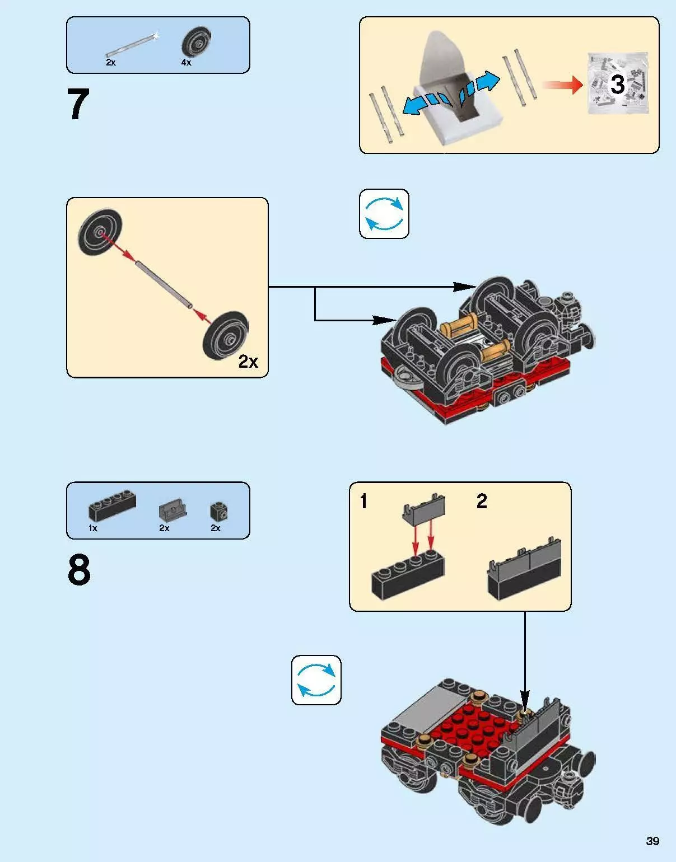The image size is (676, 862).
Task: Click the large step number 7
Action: [x=78, y=105]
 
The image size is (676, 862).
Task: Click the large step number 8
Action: [x=79, y=570]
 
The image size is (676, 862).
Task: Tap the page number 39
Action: [x=652, y=841]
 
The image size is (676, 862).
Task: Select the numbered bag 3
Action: [x=617, y=84]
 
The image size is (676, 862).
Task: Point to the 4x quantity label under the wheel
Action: [x=186, y=63]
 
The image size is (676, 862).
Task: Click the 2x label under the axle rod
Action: [x=110, y=63]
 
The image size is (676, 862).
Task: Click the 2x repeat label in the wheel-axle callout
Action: [x=248, y=362]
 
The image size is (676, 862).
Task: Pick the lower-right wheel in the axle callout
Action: [x=226, y=336]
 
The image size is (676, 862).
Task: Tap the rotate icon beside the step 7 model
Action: [x=384, y=214]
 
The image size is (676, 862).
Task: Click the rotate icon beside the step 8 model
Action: [x=316, y=680]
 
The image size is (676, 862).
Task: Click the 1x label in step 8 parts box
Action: [x=92, y=528]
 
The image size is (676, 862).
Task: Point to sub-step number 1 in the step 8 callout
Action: [x=364, y=501]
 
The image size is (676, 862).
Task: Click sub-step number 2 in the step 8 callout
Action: [x=482, y=501]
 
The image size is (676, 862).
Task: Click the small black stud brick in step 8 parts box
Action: [x=218, y=511]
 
